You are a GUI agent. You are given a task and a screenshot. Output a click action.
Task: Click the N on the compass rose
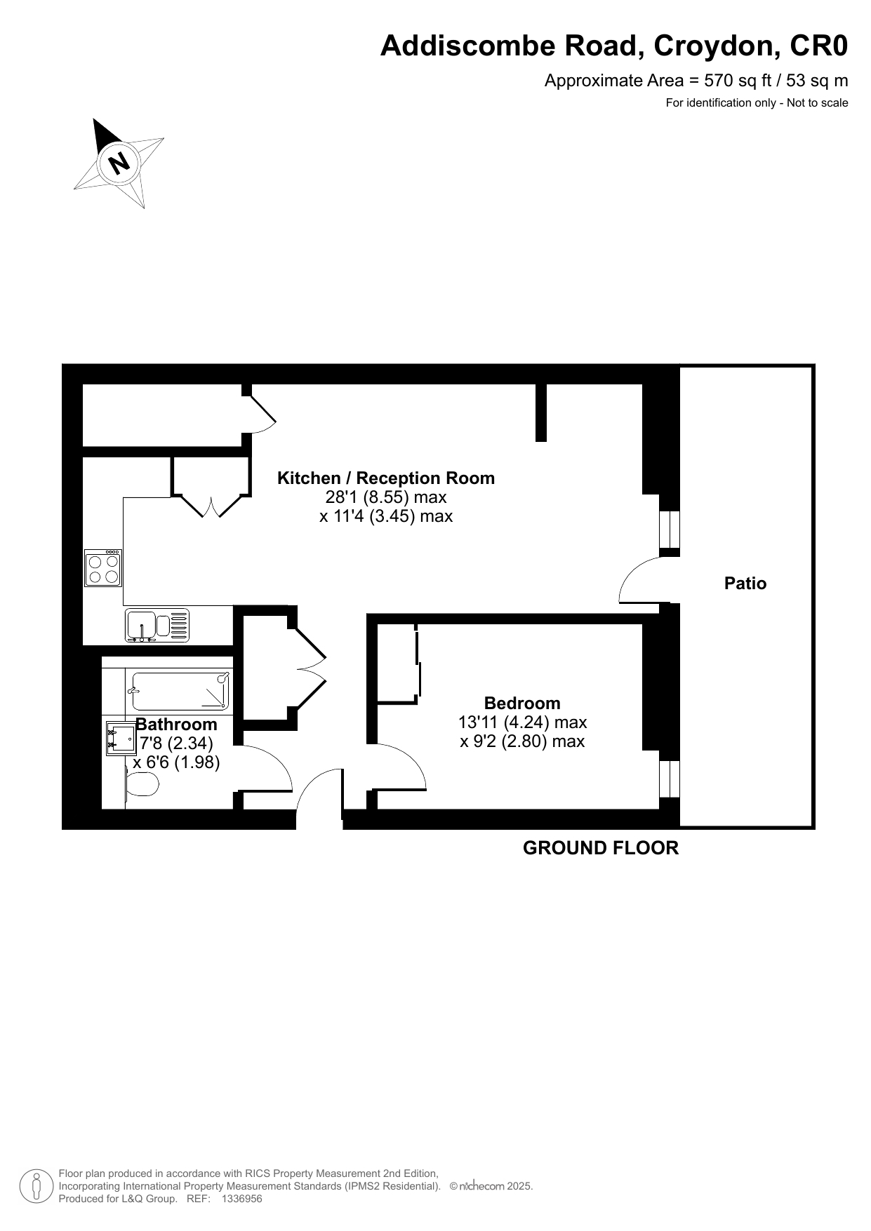tap(120, 163)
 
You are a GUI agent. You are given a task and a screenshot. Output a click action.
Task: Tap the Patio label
tap(745, 584)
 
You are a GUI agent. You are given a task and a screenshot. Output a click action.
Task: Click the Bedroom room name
tap(522, 703)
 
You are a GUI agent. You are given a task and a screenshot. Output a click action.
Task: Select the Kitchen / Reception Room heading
tap(386, 478)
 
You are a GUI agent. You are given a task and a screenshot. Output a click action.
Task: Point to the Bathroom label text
tap(176, 724)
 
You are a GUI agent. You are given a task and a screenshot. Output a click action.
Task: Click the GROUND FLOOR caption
tap(601, 848)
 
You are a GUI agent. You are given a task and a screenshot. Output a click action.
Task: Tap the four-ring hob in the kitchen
tap(104, 568)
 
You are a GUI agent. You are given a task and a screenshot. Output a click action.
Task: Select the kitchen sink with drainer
tap(157, 625)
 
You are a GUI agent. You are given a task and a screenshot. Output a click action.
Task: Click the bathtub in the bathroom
tap(181, 690)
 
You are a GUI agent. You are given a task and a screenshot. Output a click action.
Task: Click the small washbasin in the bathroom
tap(121, 739)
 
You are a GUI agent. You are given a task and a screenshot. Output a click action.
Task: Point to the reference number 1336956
tap(241, 1199)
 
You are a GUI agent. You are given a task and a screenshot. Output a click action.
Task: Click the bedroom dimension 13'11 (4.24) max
tap(523, 722)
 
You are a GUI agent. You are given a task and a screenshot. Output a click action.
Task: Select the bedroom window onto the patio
tap(670, 779)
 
